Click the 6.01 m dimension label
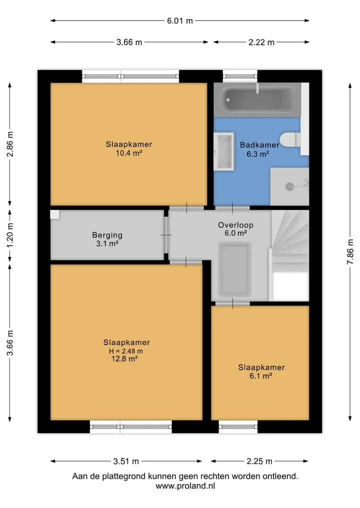click(x=179, y=21)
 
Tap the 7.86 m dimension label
click(x=350, y=252)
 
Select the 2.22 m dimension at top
click(x=261, y=42)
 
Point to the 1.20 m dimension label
click(x=10, y=235)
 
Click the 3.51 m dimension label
click(x=126, y=461)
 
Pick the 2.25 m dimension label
click(x=259, y=461)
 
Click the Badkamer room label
click(x=259, y=145)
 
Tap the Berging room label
click(x=107, y=235)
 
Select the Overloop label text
click(x=235, y=225)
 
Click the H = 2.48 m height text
click(x=125, y=351)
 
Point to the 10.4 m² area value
click(x=129, y=153)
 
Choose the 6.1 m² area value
click(x=260, y=376)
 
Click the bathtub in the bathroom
click(x=257, y=99)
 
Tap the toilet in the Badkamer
click(x=290, y=140)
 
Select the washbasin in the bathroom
click(x=224, y=151)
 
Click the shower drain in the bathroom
click(x=289, y=187)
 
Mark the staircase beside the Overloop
click(x=289, y=255)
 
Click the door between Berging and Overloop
click(x=165, y=235)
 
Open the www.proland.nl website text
click(x=185, y=486)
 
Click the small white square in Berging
click(x=55, y=214)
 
